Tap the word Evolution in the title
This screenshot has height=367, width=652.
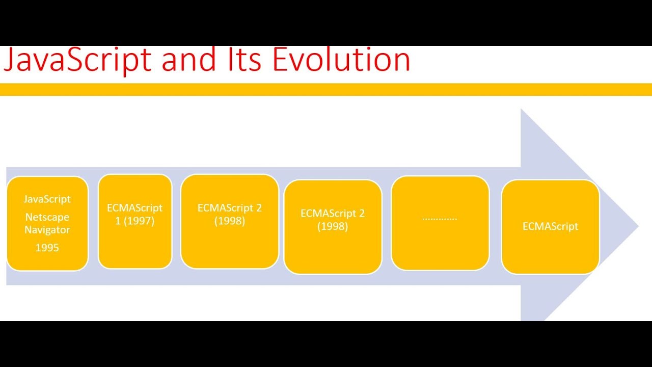click(341, 60)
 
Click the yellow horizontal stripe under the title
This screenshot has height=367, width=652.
click(326, 90)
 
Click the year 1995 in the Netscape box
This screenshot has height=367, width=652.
click(47, 248)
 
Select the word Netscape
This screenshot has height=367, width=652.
click(47, 217)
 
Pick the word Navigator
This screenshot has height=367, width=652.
click(47, 230)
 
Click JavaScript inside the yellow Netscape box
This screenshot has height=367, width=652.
click(47, 199)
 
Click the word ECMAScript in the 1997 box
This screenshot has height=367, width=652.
click(135, 208)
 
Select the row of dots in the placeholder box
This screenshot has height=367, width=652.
click(440, 218)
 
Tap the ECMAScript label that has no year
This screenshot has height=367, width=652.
click(550, 226)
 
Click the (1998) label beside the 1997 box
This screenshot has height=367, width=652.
click(230, 221)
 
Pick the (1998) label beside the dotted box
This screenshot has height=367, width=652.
click(333, 226)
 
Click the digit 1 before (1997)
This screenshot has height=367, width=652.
click(118, 221)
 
